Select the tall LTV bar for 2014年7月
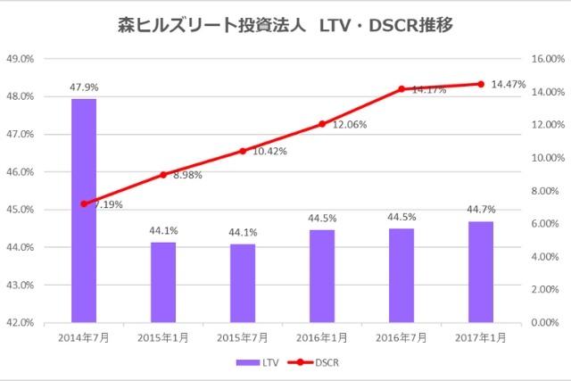click(84, 210)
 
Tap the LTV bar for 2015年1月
click(163, 281)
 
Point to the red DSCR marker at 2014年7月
click(84, 203)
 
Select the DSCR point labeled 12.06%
click(322, 124)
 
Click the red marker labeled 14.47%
click(481, 84)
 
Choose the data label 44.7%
click(481, 210)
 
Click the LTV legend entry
click(259, 363)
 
